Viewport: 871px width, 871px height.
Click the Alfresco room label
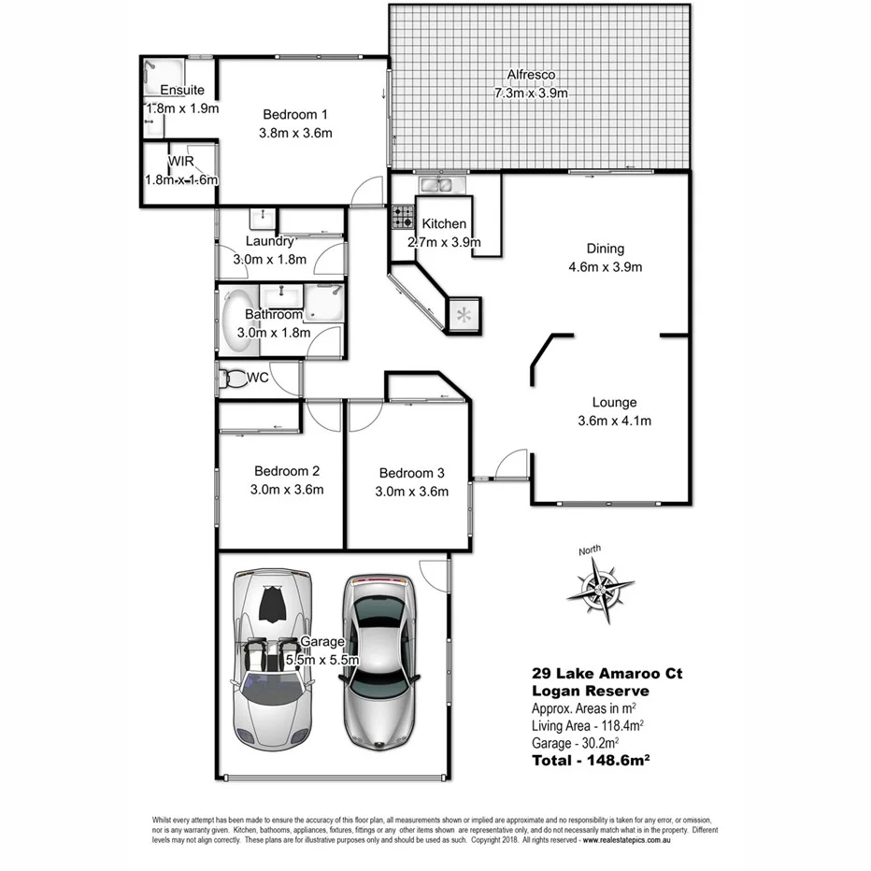pos(531,75)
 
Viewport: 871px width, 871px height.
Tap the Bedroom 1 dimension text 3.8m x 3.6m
pos(295,133)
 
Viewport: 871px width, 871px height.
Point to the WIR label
pos(180,162)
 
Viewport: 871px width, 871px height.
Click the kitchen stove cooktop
pos(403,218)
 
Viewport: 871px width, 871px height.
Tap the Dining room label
pos(605,249)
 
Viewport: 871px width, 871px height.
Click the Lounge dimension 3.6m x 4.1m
pos(614,421)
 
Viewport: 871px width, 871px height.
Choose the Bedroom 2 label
pos(288,471)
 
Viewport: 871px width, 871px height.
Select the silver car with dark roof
pos(379,660)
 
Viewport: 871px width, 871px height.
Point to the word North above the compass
pos(590,550)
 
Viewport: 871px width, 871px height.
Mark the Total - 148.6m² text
pos(590,761)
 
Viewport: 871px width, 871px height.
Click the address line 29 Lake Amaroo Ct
pos(607,672)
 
